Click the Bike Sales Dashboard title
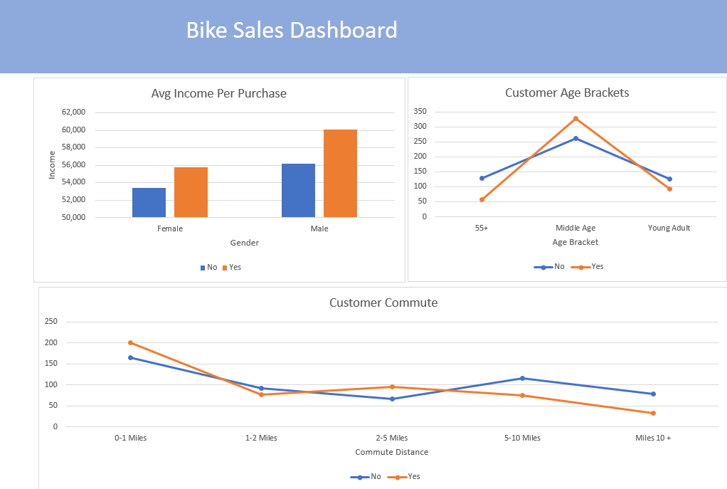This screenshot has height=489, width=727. click(292, 31)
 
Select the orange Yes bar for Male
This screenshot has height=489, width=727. click(340, 174)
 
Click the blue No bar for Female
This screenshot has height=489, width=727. click(149, 202)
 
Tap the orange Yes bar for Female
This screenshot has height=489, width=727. click(191, 192)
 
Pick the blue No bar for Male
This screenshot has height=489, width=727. click(298, 190)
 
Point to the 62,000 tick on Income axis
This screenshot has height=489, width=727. click(73, 112)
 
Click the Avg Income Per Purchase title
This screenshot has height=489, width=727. click(218, 93)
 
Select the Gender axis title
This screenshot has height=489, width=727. click(244, 243)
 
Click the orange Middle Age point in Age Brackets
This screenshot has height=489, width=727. click(575, 119)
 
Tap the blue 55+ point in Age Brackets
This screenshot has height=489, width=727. click(482, 178)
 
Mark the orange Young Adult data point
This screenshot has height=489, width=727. click(669, 189)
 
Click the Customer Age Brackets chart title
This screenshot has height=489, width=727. click(567, 93)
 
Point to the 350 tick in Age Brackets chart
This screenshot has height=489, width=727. click(419, 112)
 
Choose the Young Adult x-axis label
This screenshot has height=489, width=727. click(669, 228)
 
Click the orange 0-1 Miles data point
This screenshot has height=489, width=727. click(130, 342)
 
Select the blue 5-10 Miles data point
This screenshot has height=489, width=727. click(522, 378)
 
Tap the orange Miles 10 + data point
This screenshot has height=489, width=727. click(653, 413)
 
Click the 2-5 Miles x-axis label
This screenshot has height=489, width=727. click(391, 438)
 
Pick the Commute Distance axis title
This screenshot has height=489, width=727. click(391, 452)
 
